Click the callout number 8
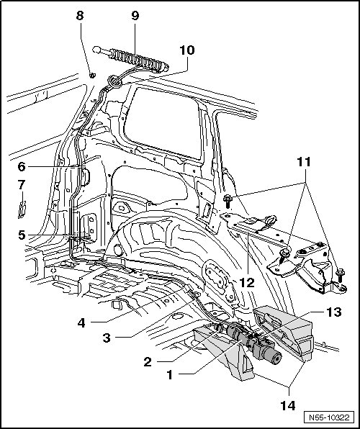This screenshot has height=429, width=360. pyautogui.click(x=80, y=16)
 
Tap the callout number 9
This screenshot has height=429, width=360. pyautogui.click(x=135, y=16)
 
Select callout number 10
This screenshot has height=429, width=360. pyautogui.click(x=187, y=50)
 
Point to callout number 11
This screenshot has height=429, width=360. pyautogui.click(x=304, y=162)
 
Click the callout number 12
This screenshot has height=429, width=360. pyautogui.click(x=247, y=283)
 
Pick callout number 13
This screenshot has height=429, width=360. pyautogui.click(x=333, y=312)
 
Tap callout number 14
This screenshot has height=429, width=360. pyautogui.click(x=288, y=405)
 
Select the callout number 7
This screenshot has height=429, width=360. pyautogui.click(x=22, y=185)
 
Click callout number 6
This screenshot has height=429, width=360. pyautogui.click(x=22, y=166)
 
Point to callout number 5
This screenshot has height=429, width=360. pyautogui.click(x=22, y=235)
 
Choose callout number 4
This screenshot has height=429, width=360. pyautogui.click(x=81, y=323)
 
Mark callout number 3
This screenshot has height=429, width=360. pyautogui.click(x=107, y=338)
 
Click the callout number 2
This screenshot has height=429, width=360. pyautogui.click(x=148, y=362)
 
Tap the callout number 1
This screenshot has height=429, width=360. pyautogui.click(x=170, y=375)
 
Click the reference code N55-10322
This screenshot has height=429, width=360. pyautogui.click(x=329, y=417)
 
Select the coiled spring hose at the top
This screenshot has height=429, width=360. pyautogui.click(x=131, y=59)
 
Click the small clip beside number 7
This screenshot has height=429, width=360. pyautogui.click(x=22, y=209)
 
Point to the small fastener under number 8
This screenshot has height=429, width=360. pyautogui.click(x=92, y=76)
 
